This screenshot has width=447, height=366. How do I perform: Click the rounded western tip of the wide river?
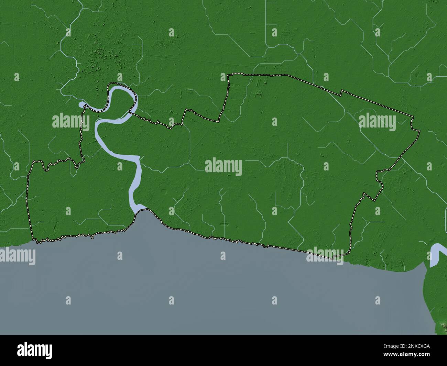pos(81,104)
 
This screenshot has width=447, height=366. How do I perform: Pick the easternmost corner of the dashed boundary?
pos(419,131)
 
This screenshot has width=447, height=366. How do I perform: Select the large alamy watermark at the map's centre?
pos(223,167)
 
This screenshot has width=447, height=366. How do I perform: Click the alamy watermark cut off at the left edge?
pos(17,257)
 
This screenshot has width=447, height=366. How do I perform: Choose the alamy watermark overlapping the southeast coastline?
pos(325,256)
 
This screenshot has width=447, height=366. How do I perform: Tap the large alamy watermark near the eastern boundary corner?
pos(377,121)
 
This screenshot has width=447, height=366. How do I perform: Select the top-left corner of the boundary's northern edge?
pos(228,75)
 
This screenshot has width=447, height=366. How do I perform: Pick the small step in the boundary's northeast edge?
pos(341,92)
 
